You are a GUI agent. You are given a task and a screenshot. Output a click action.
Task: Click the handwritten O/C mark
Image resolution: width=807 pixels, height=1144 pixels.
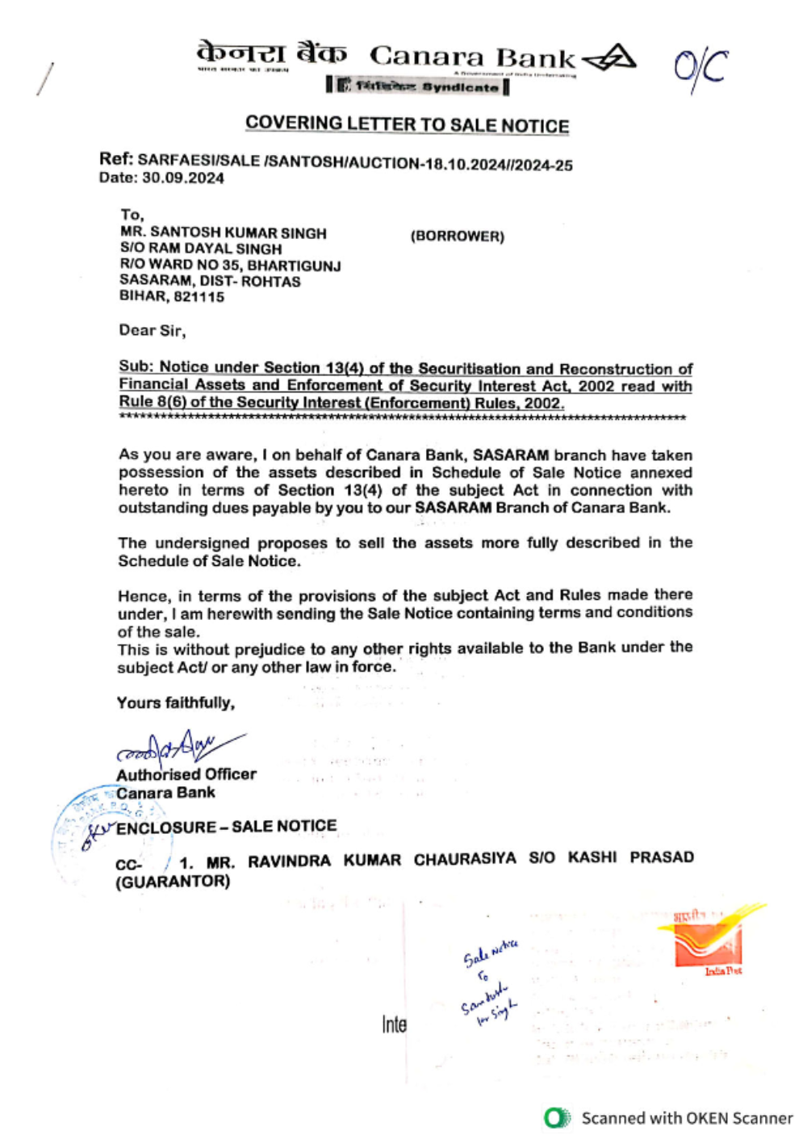pyautogui.click(x=700, y=69)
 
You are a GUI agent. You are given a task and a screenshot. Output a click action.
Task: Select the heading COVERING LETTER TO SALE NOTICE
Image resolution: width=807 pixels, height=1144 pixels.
pyautogui.click(x=407, y=124)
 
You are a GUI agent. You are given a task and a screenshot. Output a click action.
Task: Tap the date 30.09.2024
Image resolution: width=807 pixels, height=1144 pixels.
pyautogui.click(x=183, y=178)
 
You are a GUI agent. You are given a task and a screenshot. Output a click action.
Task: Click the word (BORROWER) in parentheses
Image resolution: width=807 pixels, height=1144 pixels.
pyautogui.click(x=458, y=236)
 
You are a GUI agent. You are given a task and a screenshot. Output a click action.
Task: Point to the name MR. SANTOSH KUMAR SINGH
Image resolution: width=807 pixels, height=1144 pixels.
pyautogui.click(x=224, y=233)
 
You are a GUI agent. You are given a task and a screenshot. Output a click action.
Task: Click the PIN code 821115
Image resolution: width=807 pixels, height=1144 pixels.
pyautogui.click(x=199, y=297)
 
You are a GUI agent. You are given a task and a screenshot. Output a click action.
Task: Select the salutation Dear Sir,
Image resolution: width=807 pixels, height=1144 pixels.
pyautogui.click(x=153, y=330)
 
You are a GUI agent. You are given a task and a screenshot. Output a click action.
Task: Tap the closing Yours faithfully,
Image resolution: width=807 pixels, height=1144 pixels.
pyautogui.click(x=176, y=702)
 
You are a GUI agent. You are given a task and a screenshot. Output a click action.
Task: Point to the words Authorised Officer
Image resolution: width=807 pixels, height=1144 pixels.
pyautogui.click(x=186, y=774)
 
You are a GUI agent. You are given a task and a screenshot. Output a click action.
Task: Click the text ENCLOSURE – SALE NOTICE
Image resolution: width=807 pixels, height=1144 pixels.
pyautogui.click(x=227, y=827)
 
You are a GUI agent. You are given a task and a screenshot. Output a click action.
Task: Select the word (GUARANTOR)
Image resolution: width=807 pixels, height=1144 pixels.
pyautogui.click(x=173, y=882)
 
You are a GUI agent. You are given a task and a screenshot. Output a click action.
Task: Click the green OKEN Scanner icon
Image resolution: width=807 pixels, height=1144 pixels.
pyautogui.click(x=556, y=1118)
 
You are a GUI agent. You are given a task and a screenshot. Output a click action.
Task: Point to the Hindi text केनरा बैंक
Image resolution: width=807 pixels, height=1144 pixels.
pyautogui.click(x=271, y=54)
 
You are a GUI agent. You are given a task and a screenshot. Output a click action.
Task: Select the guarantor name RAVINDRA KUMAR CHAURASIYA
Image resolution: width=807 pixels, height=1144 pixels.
pyautogui.click(x=382, y=860)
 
